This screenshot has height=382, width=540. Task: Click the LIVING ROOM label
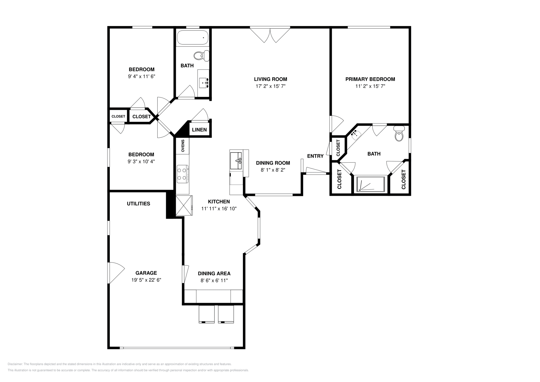[270, 79]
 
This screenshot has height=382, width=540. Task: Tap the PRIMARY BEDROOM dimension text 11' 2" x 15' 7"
[370, 86]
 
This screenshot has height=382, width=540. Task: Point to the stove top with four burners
[182, 174]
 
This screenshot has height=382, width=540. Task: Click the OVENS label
[183, 146]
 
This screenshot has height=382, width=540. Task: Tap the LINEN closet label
[199, 130]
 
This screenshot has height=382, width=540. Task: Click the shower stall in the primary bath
[371, 184]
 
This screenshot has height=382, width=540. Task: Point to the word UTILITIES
[138, 204]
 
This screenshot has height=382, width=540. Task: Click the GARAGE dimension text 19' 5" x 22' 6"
[146, 280]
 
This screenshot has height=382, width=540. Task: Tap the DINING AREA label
[214, 274]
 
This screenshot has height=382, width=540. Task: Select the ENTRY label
[315, 156]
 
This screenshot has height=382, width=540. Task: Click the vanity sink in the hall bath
[204, 82]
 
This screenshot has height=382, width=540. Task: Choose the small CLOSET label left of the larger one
[118, 116]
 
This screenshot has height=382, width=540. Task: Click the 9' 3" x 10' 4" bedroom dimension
[141, 162]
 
